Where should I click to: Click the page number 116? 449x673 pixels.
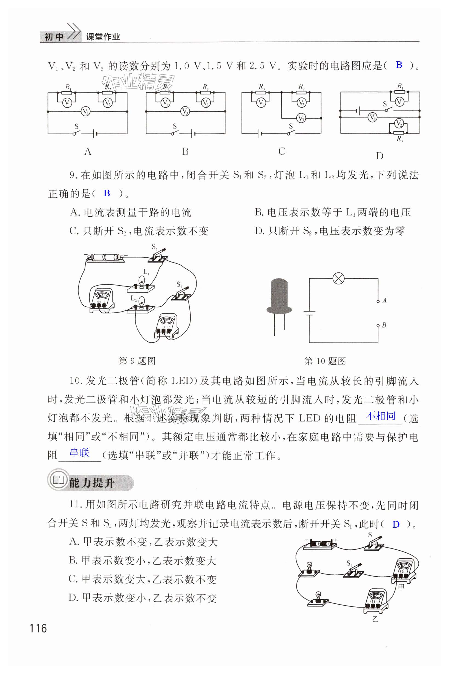click(x=38, y=628)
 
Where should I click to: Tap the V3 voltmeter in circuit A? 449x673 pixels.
click(x=85, y=111)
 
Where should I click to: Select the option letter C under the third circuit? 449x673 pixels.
click(x=281, y=151)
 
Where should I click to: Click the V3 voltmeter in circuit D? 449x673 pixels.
click(x=372, y=117)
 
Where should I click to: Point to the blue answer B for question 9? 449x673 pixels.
click(x=107, y=193)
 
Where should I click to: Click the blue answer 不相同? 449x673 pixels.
click(x=381, y=416)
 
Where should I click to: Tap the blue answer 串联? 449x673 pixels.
click(x=79, y=453)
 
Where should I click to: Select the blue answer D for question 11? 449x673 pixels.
click(x=396, y=524)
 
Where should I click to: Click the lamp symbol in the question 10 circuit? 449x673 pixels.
click(x=338, y=278)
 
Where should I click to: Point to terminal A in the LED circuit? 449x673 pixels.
click(x=378, y=301)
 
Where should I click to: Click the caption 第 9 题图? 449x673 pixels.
click(x=137, y=361)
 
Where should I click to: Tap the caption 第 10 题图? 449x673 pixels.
click(x=325, y=361)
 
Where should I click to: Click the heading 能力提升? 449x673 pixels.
click(x=91, y=483)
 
